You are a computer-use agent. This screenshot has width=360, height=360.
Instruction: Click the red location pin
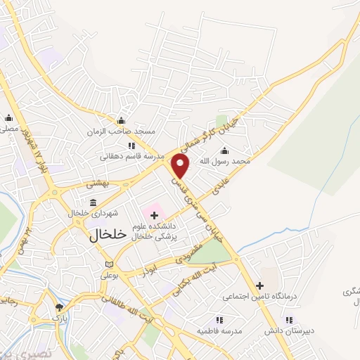point(181,166)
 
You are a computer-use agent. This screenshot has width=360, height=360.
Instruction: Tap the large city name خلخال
point(108,236)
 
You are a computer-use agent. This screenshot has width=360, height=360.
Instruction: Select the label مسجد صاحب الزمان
point(121,131)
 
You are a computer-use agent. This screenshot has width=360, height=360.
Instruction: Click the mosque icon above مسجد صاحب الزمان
point(121,120)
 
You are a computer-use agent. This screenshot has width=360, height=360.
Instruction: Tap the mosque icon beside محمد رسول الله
point(224,150)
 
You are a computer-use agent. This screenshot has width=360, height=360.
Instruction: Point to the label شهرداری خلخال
point(103,212)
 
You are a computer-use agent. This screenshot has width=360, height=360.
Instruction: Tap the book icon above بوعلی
point(108,264)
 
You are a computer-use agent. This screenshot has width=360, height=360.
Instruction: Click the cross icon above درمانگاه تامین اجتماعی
point(260,285)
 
